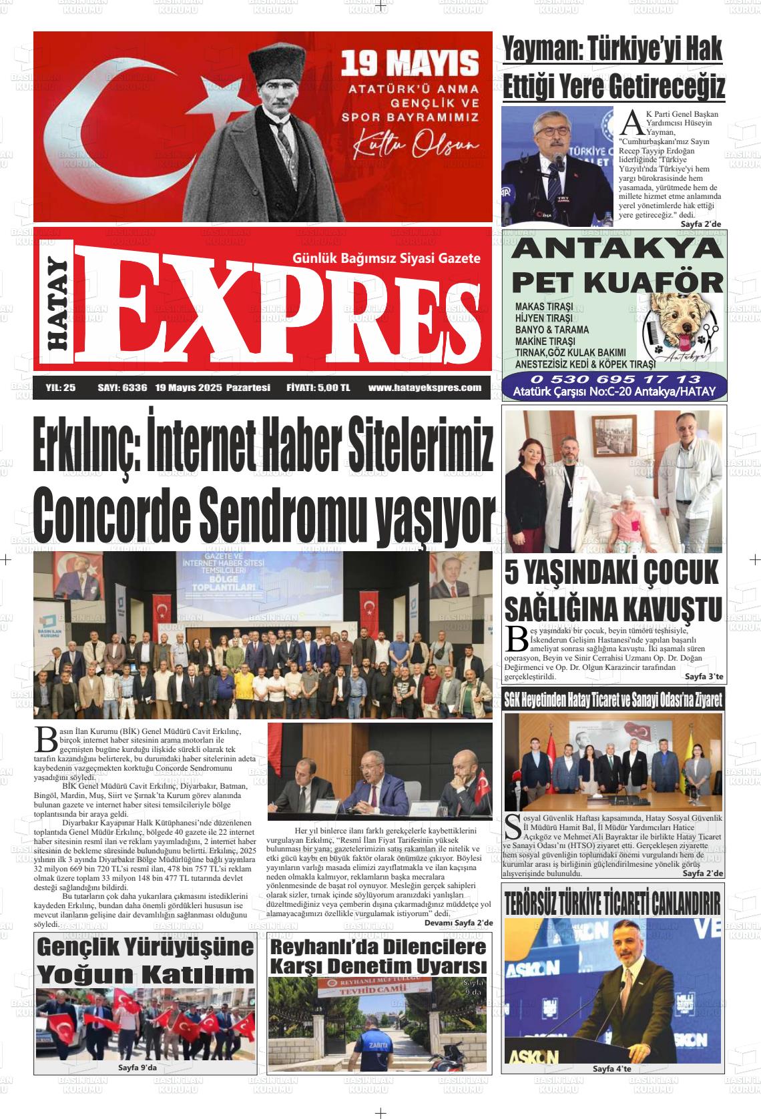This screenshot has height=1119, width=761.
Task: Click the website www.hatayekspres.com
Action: pos(425,387)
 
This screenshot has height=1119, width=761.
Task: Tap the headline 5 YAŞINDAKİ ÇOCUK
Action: pos(612,572)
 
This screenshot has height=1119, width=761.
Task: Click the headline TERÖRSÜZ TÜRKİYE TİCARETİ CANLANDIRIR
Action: pos(613,902)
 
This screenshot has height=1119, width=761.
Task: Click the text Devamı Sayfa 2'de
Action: pos(458,923)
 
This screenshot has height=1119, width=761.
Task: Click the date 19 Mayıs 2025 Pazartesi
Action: pos(212,387)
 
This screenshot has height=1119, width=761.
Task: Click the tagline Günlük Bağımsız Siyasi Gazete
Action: pos(387,258)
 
